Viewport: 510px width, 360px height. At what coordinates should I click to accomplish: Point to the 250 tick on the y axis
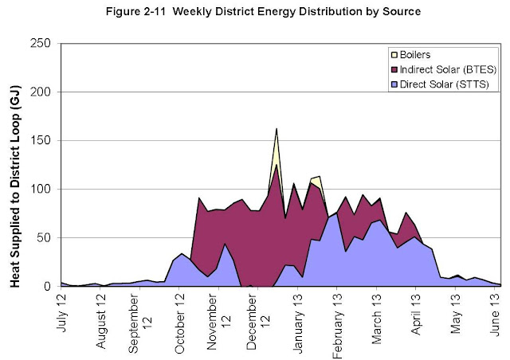pos(44,43)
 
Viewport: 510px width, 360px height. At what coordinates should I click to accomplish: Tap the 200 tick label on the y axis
pos(44,92)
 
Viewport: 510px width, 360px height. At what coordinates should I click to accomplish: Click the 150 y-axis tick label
pos(44,140)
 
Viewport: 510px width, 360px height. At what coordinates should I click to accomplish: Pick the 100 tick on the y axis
pos(44,189)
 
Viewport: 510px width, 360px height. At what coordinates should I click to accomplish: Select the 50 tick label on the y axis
pos(47,237)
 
